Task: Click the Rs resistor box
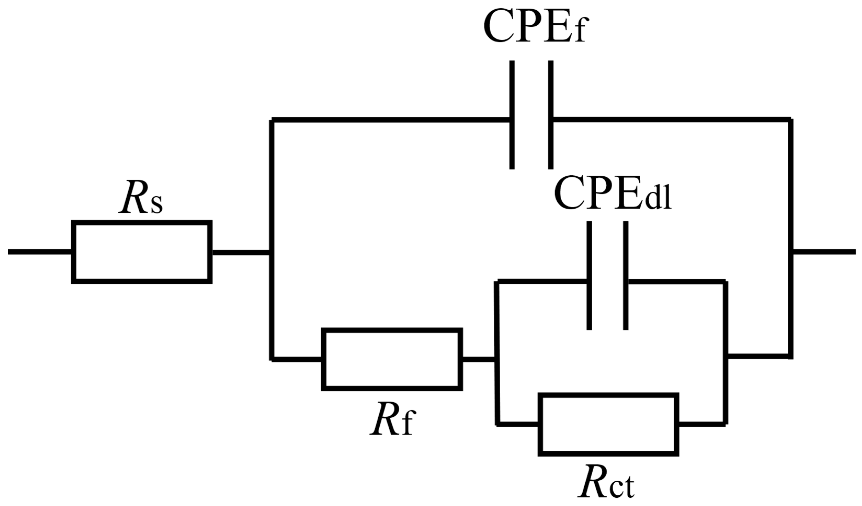tap(142, 252)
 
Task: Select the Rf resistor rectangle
tap(392, 359)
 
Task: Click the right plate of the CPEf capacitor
tap(551, 115)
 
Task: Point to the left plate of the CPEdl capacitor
tap(589, 275)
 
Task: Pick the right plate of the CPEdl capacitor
tap(626, 275)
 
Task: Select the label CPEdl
tap(612, 194)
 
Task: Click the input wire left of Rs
tap(39, 252)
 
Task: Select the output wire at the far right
tap(824, 252)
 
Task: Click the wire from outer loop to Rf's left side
tap(296, 359)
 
